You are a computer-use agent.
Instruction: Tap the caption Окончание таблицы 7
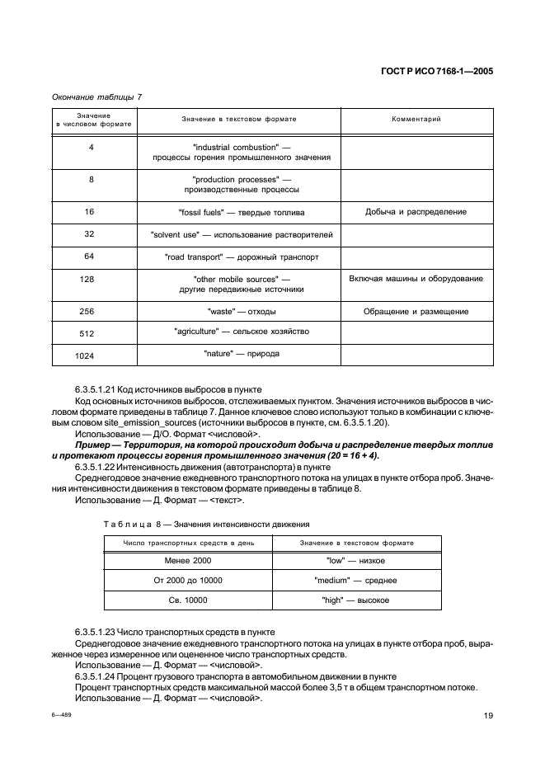[x=96, y=97]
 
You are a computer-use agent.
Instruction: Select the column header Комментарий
[x=416, y=120]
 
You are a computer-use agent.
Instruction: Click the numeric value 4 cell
[x=90, y=147]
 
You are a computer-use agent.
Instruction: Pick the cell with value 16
[x=90, y=212]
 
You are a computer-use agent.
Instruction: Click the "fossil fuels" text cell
[x=241, y=212]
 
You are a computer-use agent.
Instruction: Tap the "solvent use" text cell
[x=242, y=234]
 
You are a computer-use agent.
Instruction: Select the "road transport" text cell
[x=242, y=257]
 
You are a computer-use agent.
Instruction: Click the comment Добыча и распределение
[x=416, y=212]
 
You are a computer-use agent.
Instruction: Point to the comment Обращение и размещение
[x=416, y=312]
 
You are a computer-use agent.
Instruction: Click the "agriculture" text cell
[x=242, y=332]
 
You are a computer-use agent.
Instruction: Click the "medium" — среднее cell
[x=357, y=581]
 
